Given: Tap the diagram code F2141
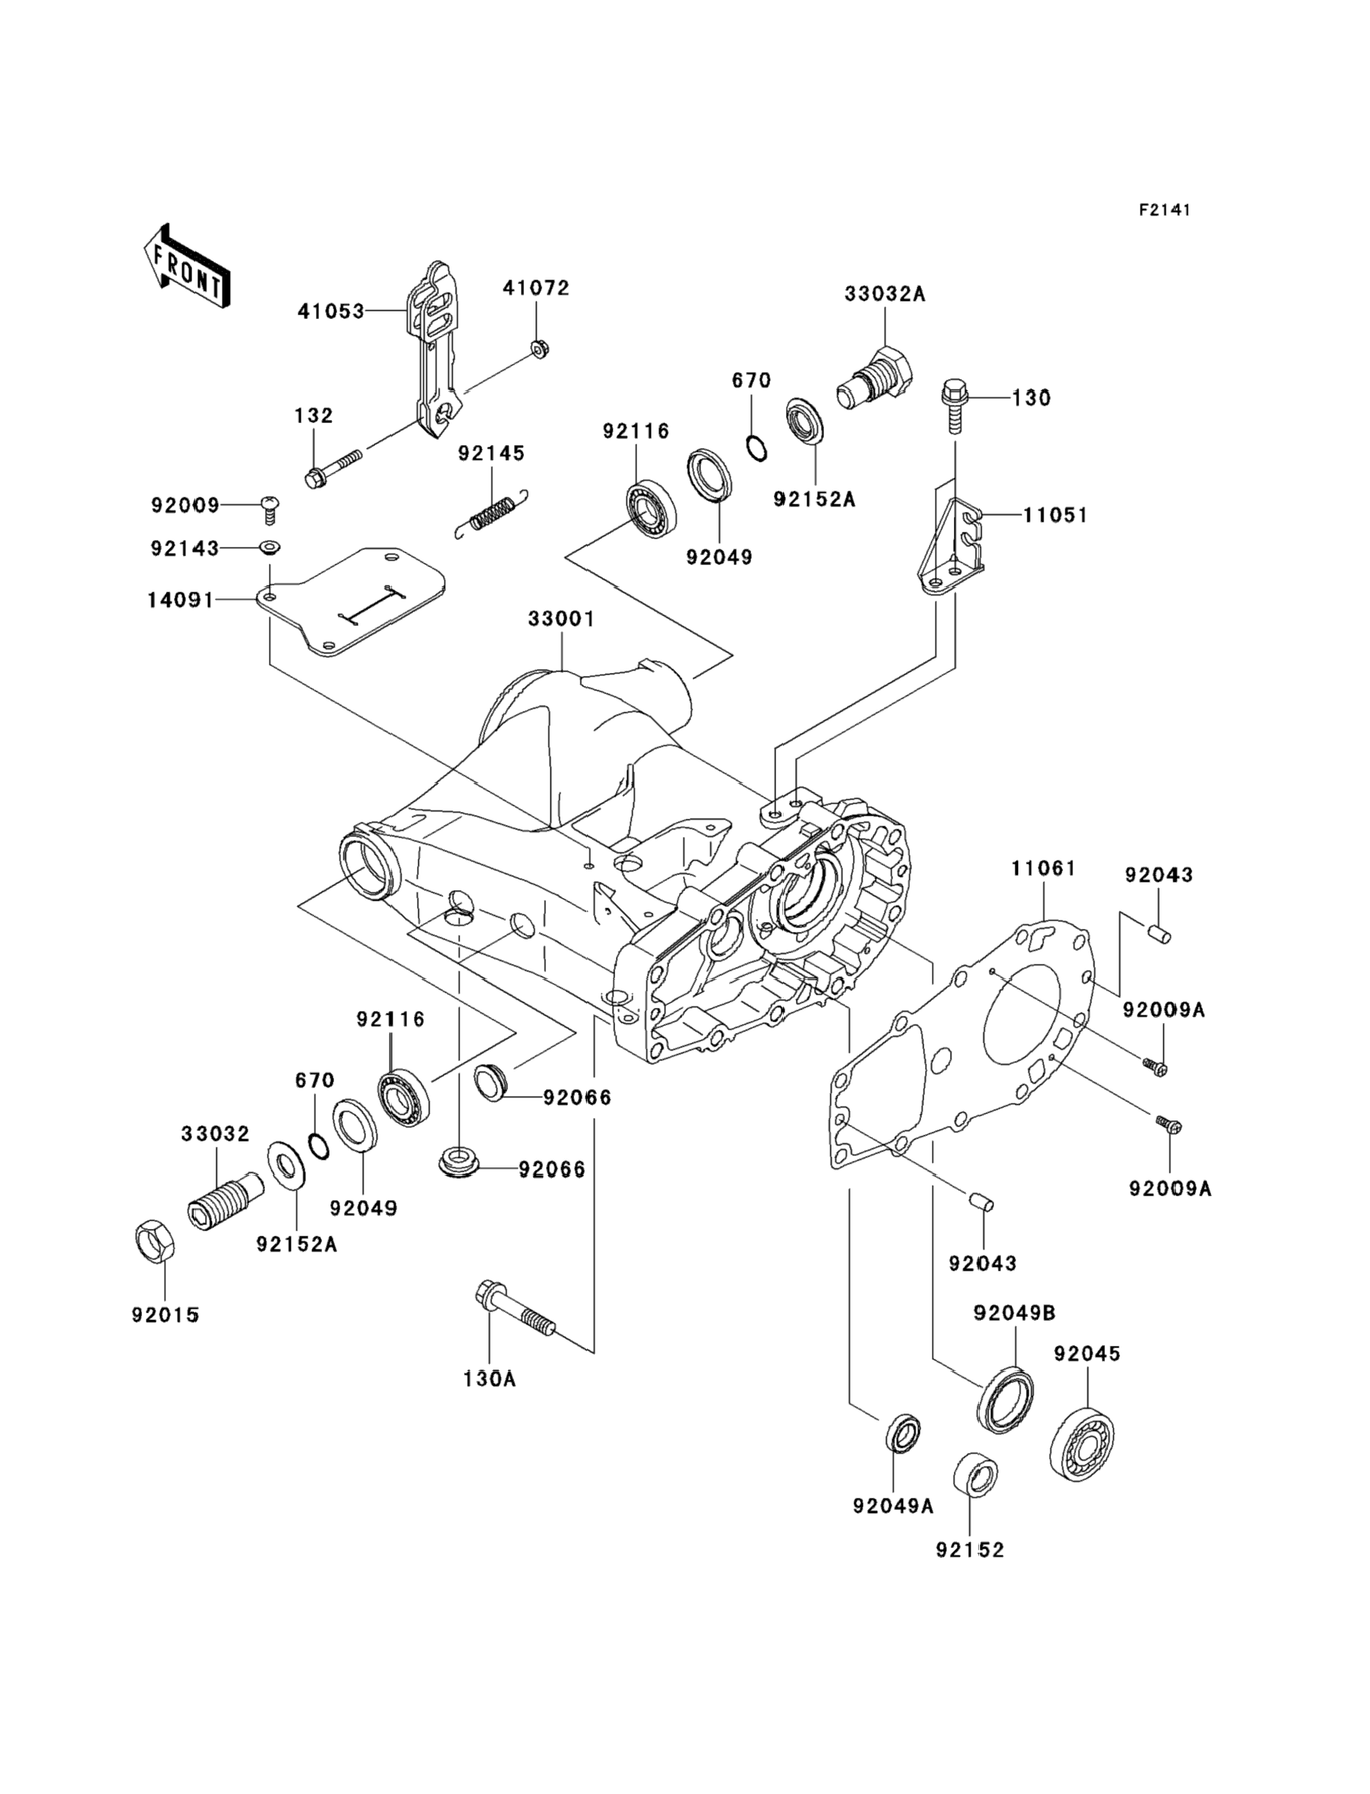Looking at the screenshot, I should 1164,210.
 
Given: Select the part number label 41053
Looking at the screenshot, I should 330,311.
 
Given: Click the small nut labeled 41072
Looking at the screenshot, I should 538,349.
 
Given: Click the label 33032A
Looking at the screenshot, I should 884,294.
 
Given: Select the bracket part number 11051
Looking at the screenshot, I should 1056,516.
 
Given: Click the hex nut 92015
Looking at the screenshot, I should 153,1242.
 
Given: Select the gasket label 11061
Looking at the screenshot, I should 1043,869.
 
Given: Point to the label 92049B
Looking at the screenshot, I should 1015,1313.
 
